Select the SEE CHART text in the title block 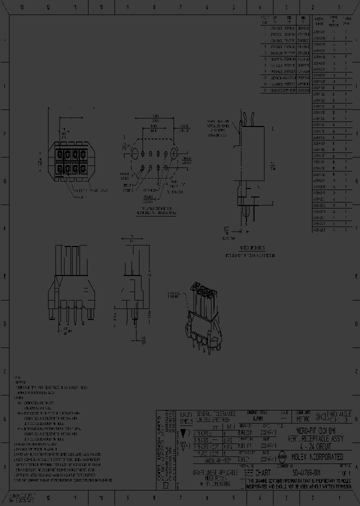click(257, 472)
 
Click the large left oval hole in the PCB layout click(134, 151)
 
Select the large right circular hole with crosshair click(174, 152)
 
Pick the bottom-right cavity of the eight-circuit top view click(81, 169)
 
